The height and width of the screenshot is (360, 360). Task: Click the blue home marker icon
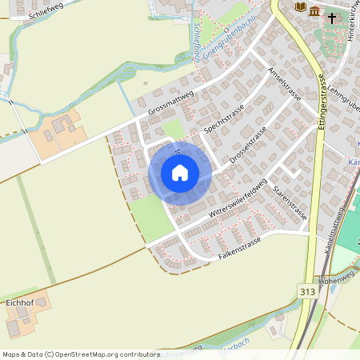pyautogui.click(x=180, y=173)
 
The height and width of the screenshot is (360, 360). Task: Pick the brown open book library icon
pyautogui.click(x=301, y=7)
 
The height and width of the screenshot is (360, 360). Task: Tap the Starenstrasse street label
pyautogui.click(x=290, y=205)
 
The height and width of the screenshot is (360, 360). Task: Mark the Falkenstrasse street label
pyautogui.click(x=240, y=249)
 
